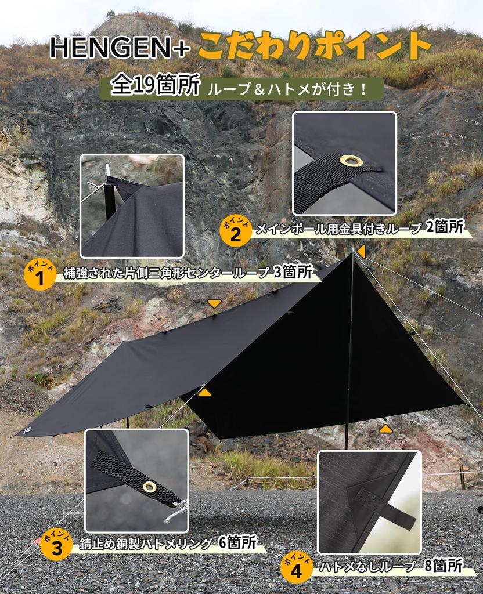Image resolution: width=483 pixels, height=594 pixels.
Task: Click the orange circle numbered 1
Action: click(x=40, y=276)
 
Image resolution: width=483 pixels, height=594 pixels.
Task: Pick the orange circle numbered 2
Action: click(x=236, y=231)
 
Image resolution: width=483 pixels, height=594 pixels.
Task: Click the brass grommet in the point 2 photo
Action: click(x=351, y=161)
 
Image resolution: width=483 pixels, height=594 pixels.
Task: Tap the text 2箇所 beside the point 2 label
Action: click(x=445, y=227)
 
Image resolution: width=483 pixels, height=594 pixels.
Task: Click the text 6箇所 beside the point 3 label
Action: click(x=237, y=542)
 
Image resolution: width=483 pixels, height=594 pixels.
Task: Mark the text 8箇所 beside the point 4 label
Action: click(x=443, y=566)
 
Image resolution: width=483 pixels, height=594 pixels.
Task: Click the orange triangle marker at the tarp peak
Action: click(x=361, y=251)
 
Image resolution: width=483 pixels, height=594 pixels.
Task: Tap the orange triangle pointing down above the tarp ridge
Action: click(x=214, y=303)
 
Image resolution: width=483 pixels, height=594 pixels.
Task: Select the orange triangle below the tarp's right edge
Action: click(x=385, y=429)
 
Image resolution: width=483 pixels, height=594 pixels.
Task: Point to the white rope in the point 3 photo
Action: click(x=177, y=510)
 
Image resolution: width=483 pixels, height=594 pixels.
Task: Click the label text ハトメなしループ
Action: click(x=367, y=567)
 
